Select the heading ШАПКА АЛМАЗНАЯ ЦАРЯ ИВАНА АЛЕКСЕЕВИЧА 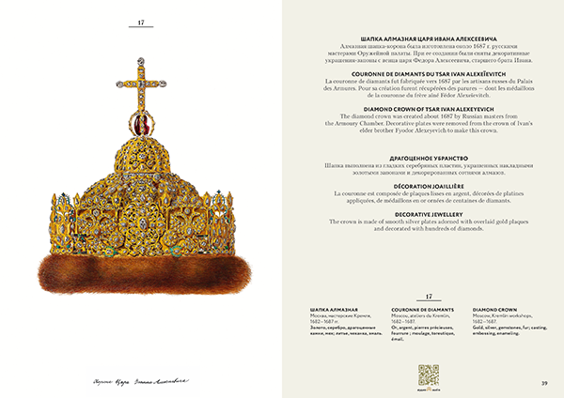point(420,37)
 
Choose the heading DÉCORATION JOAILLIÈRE point(420,183)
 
